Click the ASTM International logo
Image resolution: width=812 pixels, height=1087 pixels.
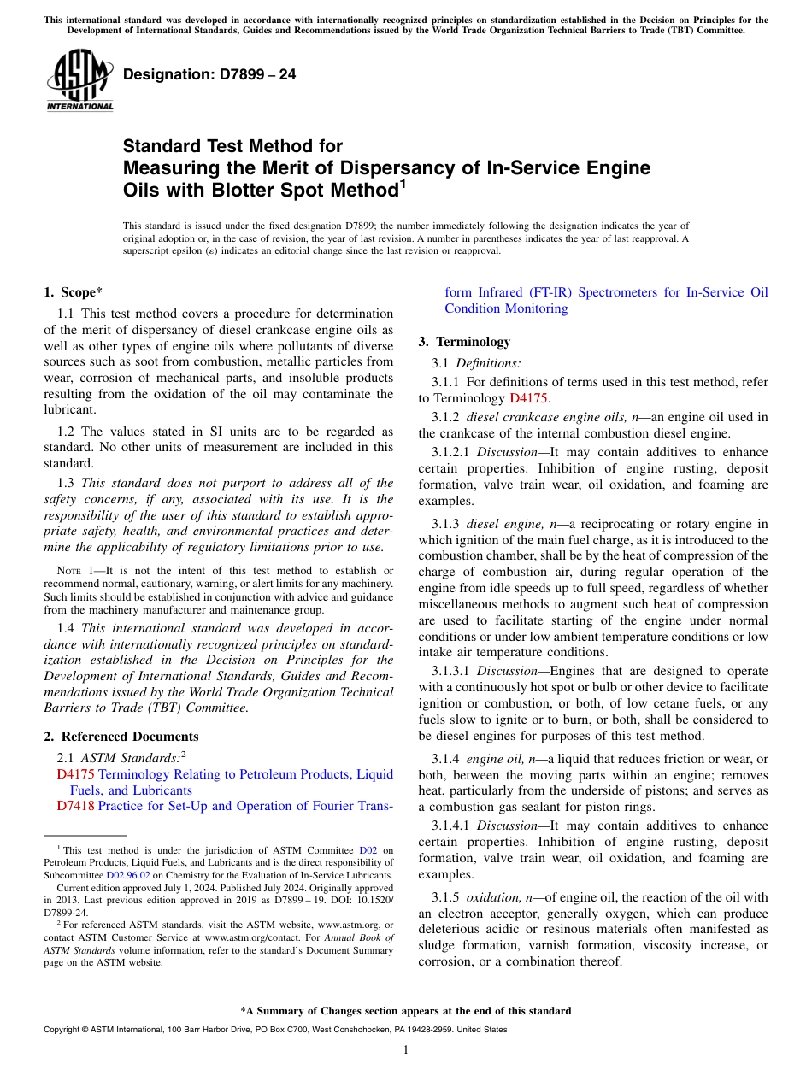click(x=79, y=80)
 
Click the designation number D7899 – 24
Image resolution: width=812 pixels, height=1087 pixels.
click(x=209, y=74)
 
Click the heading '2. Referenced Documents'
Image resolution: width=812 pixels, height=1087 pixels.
click(x=121, y=737)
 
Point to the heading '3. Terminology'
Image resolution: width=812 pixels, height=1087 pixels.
click(x=464, y=342)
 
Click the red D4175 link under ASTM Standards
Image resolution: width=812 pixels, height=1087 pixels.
click(x=75, y=774)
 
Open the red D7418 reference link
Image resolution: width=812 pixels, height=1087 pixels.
click(x=75, y=806)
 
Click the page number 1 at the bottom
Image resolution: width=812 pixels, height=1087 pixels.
click(x=406, y=1050)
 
